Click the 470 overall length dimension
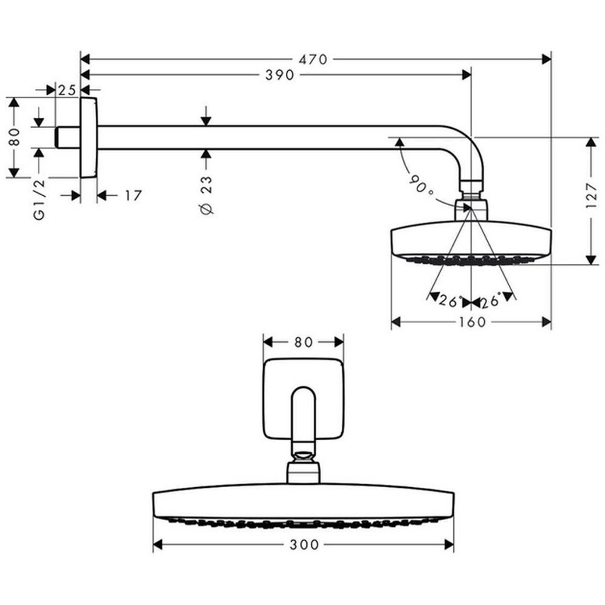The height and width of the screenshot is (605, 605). click(x=313, y=60)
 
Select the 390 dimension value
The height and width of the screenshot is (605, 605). click(x=280, y=74)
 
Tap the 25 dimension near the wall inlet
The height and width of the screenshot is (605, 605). click(x=67, y=91)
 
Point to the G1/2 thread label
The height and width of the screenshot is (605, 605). click(x=39, y=200)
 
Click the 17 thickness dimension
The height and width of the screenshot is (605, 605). click(x=133, y=196)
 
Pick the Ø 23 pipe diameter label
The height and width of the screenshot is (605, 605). click(x=206, y=195)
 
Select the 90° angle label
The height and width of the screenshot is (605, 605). click(x=421, y=185)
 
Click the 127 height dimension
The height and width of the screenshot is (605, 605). click(x=591, y=196)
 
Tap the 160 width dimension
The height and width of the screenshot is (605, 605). click(x=472, y=322)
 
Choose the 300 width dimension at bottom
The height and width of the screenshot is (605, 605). click(x=304, y=545)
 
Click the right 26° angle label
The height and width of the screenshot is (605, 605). click(x=491, y=300)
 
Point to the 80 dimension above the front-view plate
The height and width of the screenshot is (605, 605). click(x=303, y=342)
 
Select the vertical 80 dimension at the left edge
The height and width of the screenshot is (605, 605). click(x=14, y=137)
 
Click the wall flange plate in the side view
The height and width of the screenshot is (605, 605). click(x=89, y=138)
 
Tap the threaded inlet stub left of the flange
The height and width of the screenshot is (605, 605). click(x=68, y=137)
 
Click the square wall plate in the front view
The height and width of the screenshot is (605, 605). click(x=303, y=399)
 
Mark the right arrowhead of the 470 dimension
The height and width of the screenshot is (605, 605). click(x=547, y=60)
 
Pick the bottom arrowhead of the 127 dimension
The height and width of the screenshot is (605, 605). click(x=591, y=260)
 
